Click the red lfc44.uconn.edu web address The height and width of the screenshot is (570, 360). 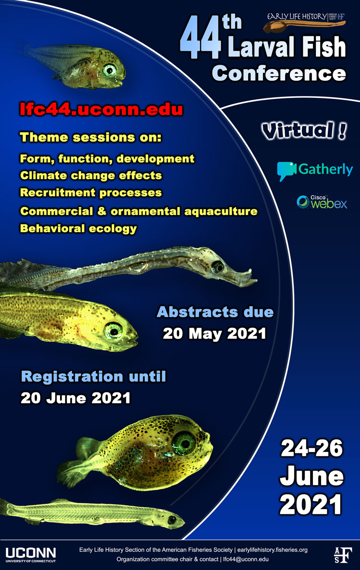(101, 109)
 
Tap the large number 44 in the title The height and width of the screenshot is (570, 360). (200, 38)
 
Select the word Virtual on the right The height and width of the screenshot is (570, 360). (299, 131)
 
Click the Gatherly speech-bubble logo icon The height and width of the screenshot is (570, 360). (286, 171)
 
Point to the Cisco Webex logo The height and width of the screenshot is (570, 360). (322, 202)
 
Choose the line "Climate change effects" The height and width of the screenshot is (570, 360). (91, 176)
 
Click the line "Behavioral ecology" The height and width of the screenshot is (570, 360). (79, 229)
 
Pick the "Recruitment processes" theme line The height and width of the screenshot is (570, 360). (91, 193)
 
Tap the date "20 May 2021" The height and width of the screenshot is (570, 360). (215, 334)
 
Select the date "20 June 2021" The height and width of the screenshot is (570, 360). (76, 398)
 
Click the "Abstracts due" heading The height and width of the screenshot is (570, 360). (215, 312)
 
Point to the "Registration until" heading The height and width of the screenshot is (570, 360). (94, 376)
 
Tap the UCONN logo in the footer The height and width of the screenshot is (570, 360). (31, 555)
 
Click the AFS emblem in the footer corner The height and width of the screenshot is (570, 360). (343, 555)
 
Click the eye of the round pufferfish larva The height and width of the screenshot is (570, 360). (184, 443)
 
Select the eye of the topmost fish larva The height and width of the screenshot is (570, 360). (109, 70)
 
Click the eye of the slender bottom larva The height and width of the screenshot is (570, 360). (172, 520)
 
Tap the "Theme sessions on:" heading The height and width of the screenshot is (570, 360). (91, 137)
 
